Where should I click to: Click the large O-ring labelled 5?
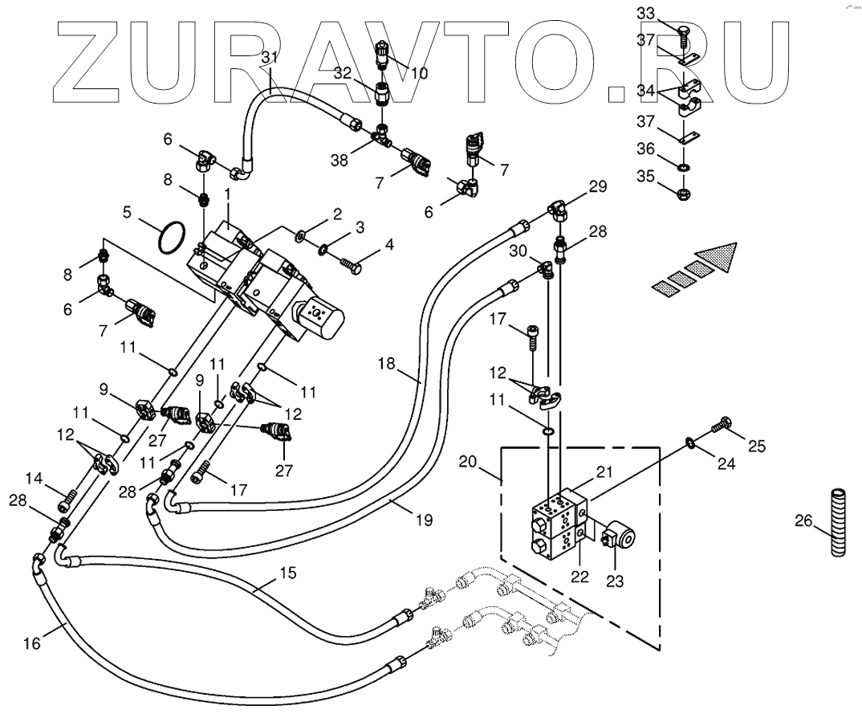pyautogui.click(x=170, y=238)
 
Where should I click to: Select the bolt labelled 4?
pyautogui.click(x=350, y=263)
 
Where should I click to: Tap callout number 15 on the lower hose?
pyautogui.click(x=287, y=573)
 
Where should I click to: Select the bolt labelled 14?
pyautogui.click(x=67, y=498)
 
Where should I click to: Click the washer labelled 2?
pyautogui.click(x=301, y=235)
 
